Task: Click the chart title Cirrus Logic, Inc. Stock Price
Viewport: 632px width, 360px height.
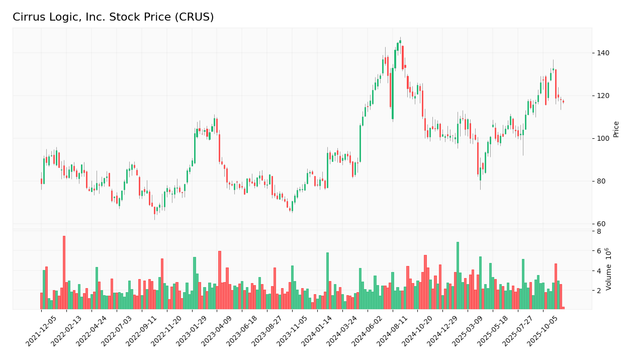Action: (x=113, y=18)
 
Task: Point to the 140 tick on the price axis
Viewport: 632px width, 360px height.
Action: (x=602, y=53)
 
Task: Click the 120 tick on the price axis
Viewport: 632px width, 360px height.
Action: (x=602, y=96)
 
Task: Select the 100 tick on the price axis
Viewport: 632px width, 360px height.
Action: (x=602, y=138)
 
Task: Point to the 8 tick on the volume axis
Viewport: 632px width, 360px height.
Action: (x=599, y=231)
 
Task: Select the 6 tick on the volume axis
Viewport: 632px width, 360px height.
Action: (x=599, y=251)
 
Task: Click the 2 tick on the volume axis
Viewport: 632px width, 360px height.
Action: (x=599, y=291)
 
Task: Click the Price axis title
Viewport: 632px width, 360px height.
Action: (x=616, y=129)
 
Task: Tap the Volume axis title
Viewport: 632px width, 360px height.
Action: (x=609, y=268)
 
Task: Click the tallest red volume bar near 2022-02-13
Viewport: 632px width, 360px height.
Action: (x=64, y=272)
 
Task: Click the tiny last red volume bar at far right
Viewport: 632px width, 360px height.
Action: (x=563, y=308)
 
